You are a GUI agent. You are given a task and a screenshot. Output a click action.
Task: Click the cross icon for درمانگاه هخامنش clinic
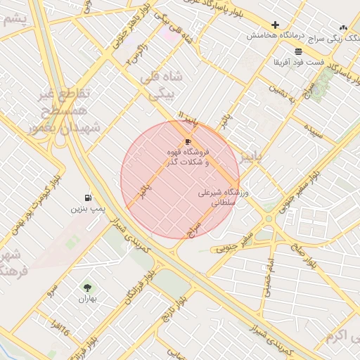pos(275,25)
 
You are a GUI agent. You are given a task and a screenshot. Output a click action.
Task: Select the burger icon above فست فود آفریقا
pos(299,51)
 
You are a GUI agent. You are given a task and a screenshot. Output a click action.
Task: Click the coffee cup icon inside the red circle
pos(188,142)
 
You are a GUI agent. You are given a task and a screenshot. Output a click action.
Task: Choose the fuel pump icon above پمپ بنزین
pos(87,198)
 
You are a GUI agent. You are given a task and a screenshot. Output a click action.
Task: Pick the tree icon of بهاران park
pos(87,288)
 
